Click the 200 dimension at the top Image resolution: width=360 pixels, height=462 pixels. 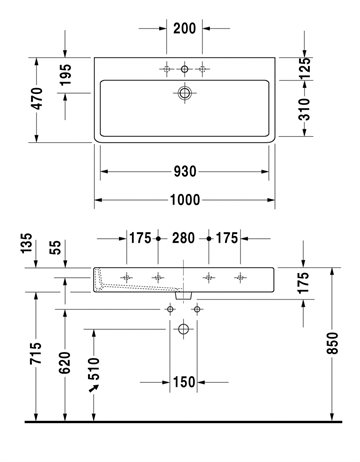[x=184, y=28]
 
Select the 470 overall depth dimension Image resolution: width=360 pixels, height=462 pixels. [x=37, y=98]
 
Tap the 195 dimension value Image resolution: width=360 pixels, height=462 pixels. [x=65, y=75]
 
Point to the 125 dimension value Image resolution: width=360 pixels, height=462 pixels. [x=304, y=68]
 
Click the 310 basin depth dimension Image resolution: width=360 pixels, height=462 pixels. [x=304, y=109]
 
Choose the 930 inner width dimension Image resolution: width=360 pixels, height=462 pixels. [x=185, y=172]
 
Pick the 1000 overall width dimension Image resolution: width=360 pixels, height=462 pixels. [x=185, y=200]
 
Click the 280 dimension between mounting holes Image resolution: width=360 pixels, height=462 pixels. [x=183, y=238]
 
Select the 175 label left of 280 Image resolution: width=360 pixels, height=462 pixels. [x=140, y=238]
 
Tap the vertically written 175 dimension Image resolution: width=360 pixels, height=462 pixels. [x=304, y=283]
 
